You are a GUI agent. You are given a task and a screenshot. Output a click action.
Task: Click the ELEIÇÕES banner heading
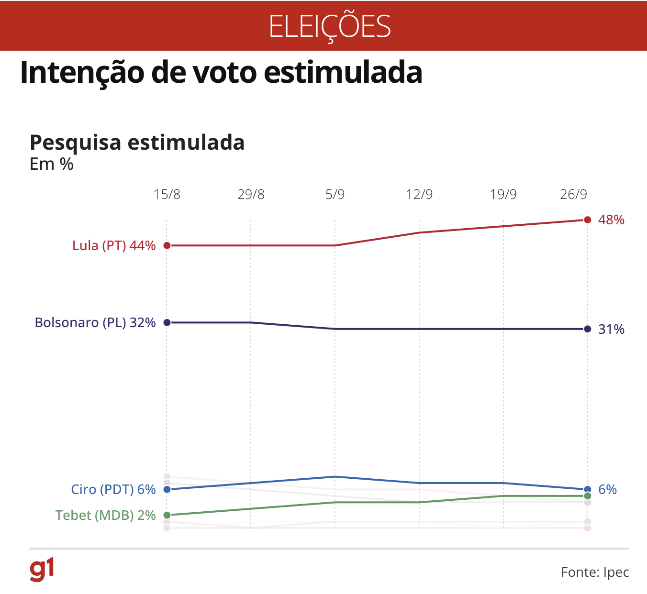[330, 26]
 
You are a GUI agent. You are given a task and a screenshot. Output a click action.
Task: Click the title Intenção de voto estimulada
[221, 73]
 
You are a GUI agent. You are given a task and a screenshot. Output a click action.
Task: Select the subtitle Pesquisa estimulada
[137, 143]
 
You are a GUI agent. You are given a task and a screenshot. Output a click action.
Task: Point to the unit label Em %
[52, 164]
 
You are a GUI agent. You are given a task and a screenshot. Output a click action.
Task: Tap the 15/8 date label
[167, 195]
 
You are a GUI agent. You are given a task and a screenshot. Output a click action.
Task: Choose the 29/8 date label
[251, 195]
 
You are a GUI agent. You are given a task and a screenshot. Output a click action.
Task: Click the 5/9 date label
[335, 195]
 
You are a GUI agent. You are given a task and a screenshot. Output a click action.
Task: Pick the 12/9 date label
[419, 195]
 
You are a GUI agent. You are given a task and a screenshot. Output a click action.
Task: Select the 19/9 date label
[503, 195]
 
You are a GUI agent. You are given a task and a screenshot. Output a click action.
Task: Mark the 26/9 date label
[573, 195]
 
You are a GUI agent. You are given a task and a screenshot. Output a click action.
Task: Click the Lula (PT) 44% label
[114, 246]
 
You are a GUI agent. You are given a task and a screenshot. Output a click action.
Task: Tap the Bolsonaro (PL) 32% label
[95, 323]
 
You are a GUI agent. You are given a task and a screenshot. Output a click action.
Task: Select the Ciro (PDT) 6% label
[113, 490]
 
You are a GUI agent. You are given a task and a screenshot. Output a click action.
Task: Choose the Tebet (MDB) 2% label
[105, 516]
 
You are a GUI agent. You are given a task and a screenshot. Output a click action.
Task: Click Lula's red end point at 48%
[588, 220]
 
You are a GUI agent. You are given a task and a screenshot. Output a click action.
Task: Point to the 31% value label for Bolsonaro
[611, 330]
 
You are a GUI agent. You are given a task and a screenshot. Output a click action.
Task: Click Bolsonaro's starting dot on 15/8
[167, 323]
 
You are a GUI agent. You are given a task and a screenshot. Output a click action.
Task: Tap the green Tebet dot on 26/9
[588, 496]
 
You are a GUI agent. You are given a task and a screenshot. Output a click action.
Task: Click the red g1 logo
[42, 569]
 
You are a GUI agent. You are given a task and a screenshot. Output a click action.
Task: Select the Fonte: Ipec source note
[595, 572]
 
